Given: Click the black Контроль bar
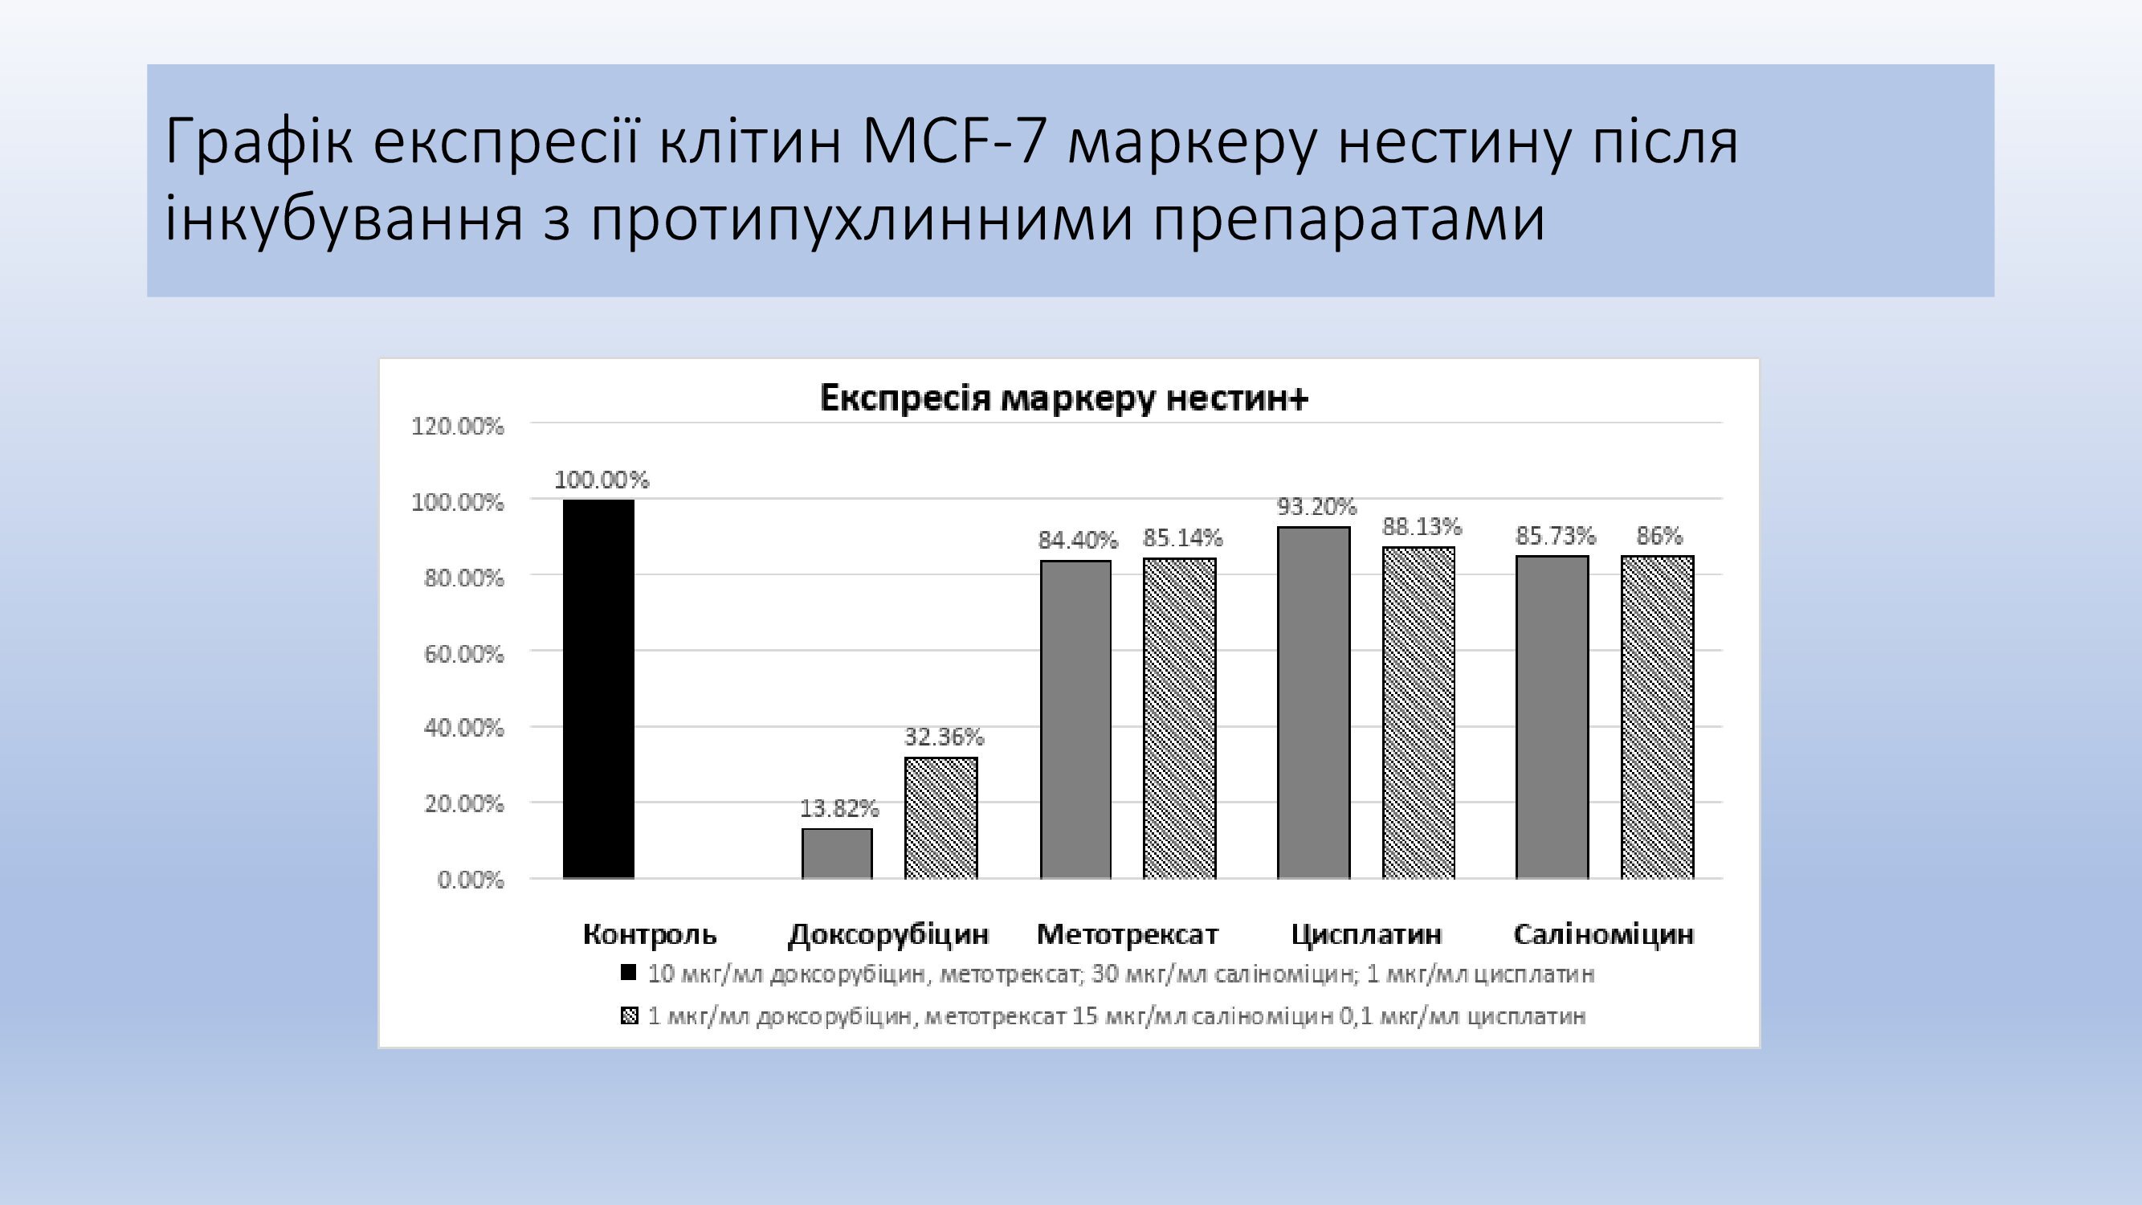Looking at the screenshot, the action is pyautogui.click(x=598, y=688).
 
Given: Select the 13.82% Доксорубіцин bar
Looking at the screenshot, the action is pyautogui.click(x=838, y=853).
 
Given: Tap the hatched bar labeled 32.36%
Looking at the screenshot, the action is pyautogui.click(x=941, y=818).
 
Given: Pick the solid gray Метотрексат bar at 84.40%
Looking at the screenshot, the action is pyautogui.click(x=1076, y=719).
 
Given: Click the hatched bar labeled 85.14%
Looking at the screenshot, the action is pyautogui.click(x=1180, y=717).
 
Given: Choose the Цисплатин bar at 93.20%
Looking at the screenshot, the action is pyautogui.click(x=1314, y=703).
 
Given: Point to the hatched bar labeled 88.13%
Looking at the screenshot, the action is pyautogui.click(x=1418, y=713).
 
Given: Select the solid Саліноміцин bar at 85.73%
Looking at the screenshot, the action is pyautogui.click(x=1552, y=717).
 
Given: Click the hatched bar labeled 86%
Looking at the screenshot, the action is pyautogui.click(x=1657, y=717).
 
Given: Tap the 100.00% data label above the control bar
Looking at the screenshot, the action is pyautogui.click(x=602, y=480).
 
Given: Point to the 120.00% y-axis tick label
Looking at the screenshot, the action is pyautogui.click(x=457, y=427).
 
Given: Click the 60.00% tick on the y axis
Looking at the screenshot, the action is pyautogui.click(x=464, y=655).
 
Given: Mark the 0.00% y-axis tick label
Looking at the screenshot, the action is pyautogui.click(x=471, y=880).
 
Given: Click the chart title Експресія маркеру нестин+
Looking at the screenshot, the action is pyautogui.click(x=1064, y=398).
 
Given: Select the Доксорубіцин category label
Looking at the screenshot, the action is pyautogui.click(x=888, y=935).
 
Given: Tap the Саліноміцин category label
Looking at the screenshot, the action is pyautogui.click(x=1603, y=935).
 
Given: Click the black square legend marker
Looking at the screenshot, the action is pyautogui.click(x=629, y=972).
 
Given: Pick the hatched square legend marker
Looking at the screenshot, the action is pyautogui.click(x=630, y=1015).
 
